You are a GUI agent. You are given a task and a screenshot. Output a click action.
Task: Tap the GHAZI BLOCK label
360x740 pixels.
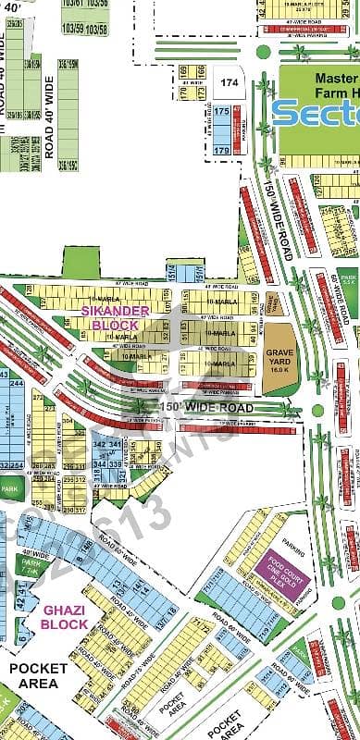point(65,618)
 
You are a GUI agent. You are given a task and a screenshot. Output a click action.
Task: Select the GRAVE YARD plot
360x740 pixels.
point(279,356)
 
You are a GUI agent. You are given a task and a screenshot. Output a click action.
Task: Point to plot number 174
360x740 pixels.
point(228,83)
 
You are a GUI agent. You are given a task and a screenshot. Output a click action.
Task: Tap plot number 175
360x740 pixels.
point(221,112)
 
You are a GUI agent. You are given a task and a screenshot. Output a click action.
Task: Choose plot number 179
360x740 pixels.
point(221,149)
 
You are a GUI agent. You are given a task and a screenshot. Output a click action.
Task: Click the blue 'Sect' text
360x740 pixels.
point(316,112)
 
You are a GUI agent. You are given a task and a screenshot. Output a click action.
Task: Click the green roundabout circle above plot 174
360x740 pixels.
point(264,52)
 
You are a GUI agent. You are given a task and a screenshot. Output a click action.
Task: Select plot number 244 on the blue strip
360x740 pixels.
point(16,383)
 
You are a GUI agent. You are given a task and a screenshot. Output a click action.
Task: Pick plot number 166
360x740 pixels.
point(182,70)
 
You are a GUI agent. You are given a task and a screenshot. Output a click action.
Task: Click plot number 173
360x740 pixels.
point(199,95)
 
